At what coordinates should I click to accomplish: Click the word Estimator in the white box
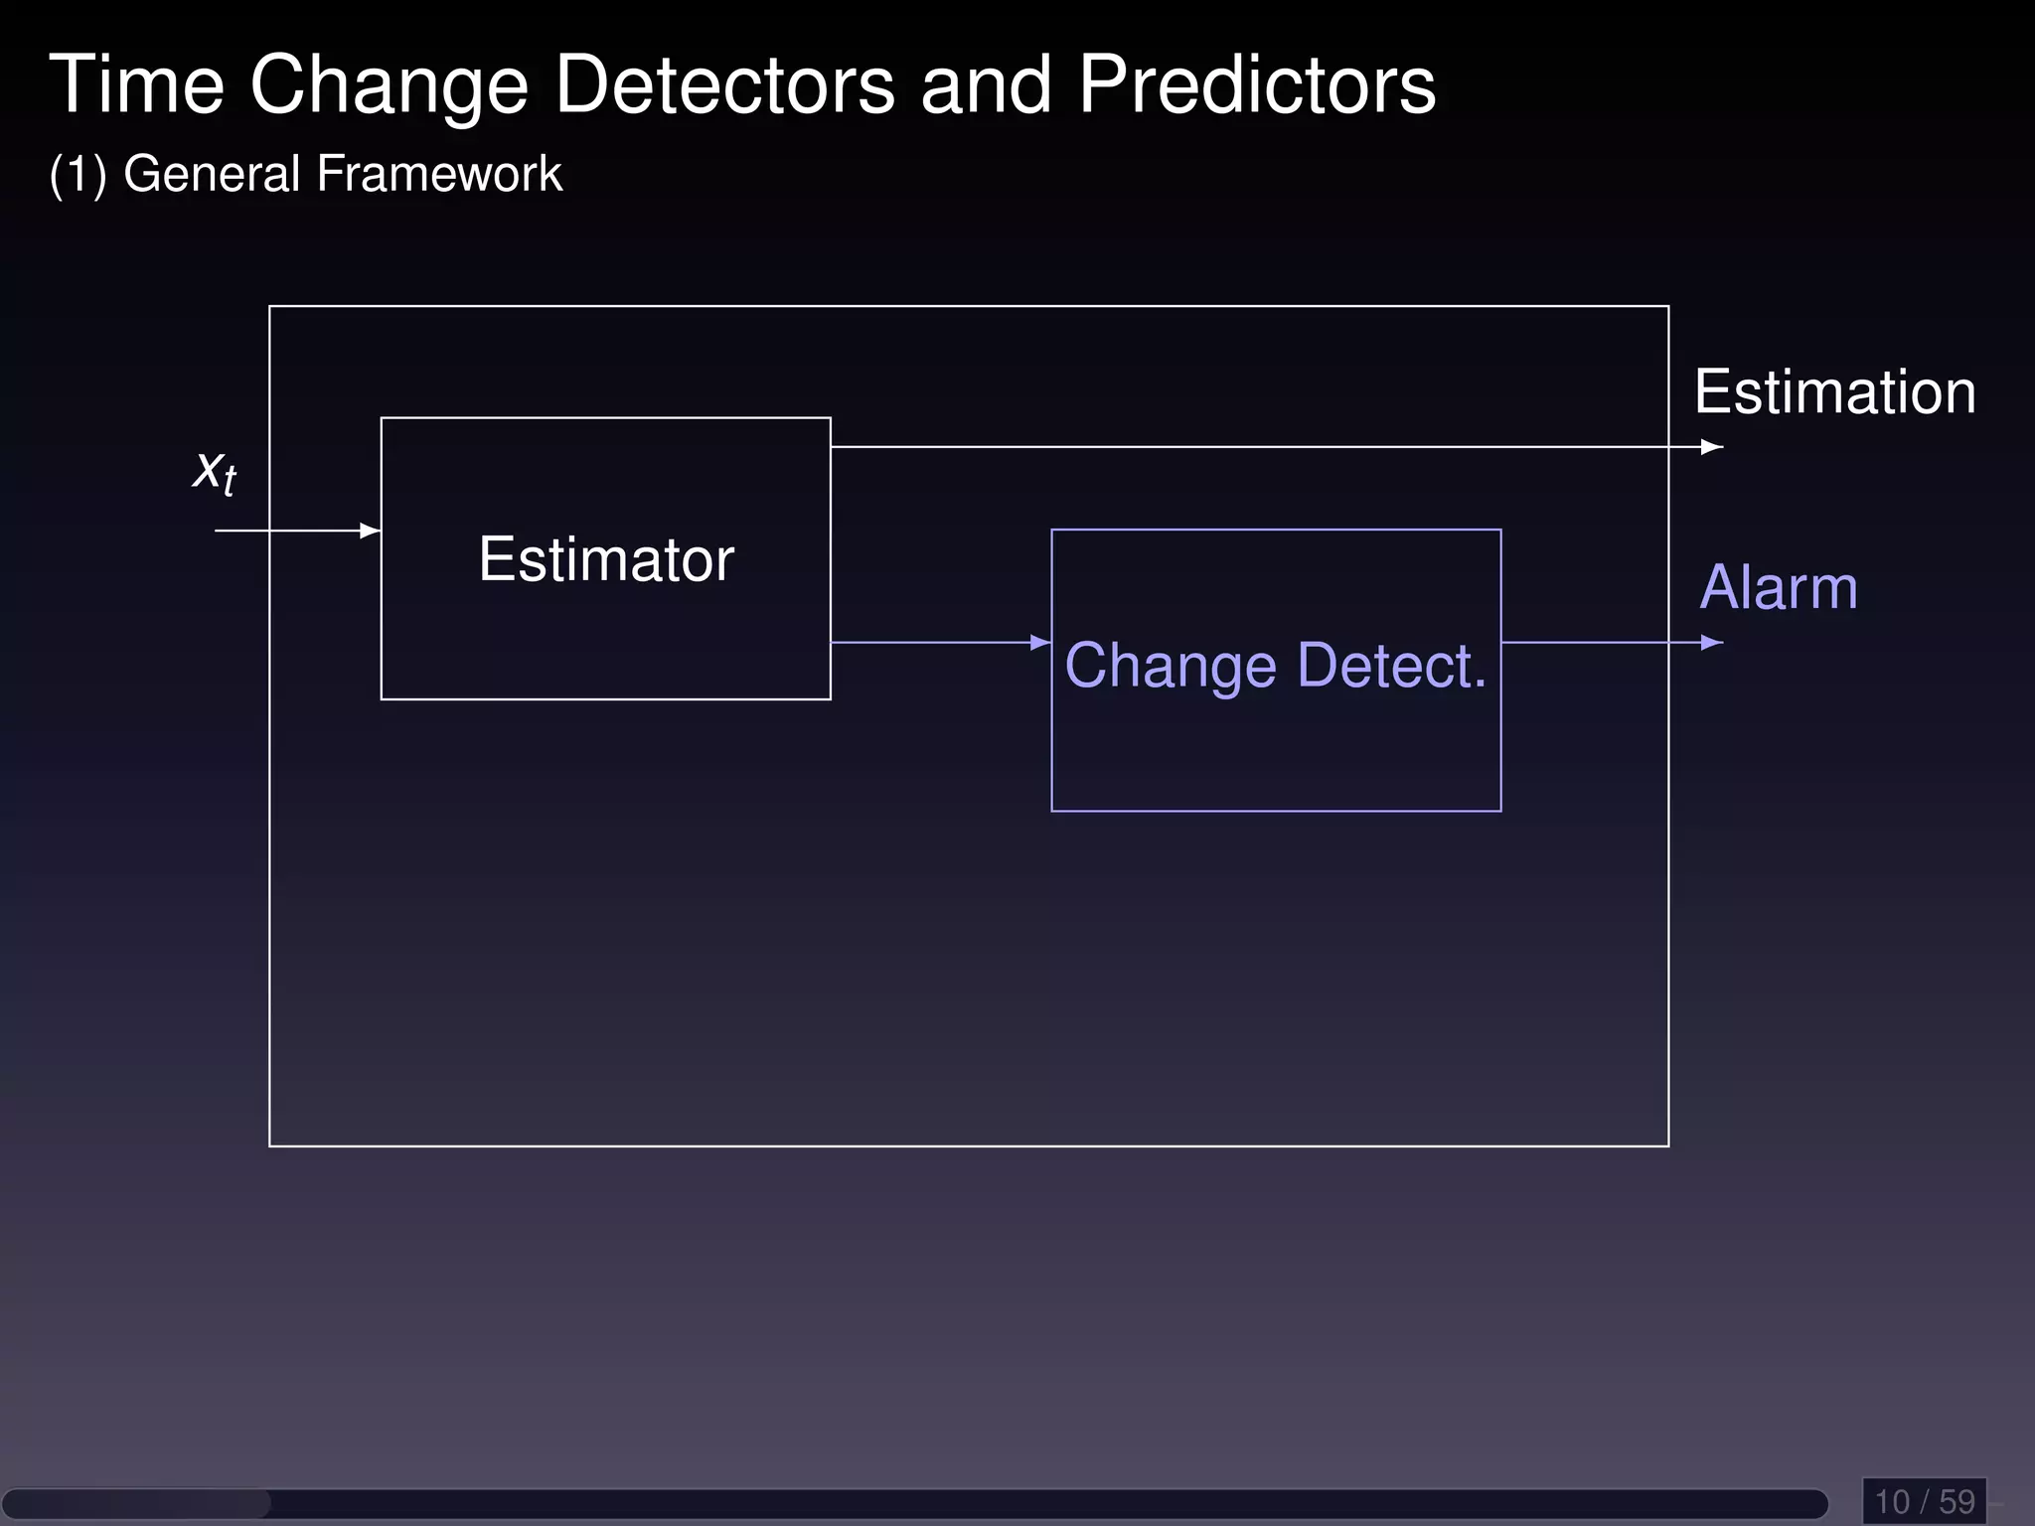(x=606, y=559)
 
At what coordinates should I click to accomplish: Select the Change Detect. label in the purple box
(x=1275, y=665)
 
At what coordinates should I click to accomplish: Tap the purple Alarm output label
(x=1779, y=587)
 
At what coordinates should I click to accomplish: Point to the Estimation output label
(x=1834, y=391)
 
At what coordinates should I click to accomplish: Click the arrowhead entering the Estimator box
(x=371, y=531)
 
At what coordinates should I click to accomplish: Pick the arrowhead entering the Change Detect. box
(x=1040, y=643)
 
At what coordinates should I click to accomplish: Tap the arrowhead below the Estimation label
(x=1711, y=447)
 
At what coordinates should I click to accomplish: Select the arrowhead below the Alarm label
(x=1711, y=643)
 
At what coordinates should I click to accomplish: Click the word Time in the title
(x=137, y=85)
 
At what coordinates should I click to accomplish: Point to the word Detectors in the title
(x=724, y=85)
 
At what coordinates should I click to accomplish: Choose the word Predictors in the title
(x=1257, y=85)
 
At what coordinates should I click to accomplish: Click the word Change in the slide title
(x=389, y=87)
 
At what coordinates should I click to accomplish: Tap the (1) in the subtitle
(x=78, y=175)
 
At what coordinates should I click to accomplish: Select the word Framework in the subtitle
(x=439, y=174)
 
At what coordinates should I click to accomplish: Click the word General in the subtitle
(x=212, y=174)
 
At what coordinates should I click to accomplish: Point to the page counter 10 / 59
(x=1924, y=1501)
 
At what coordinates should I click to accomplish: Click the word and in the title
(x=986, y=85)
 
